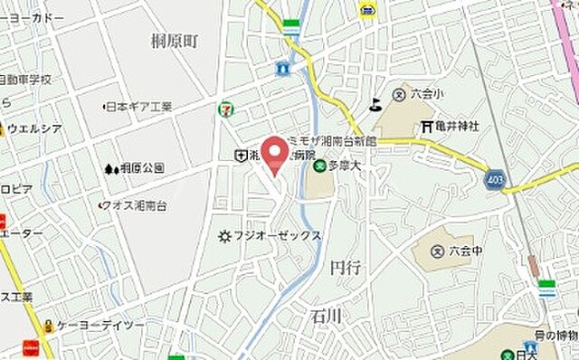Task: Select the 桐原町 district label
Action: [175, 41]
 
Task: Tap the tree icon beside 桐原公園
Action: [110, 168]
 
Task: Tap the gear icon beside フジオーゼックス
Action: [225, 236]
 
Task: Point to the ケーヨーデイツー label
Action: [100, 325]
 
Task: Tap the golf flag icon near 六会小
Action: [375, 103]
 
